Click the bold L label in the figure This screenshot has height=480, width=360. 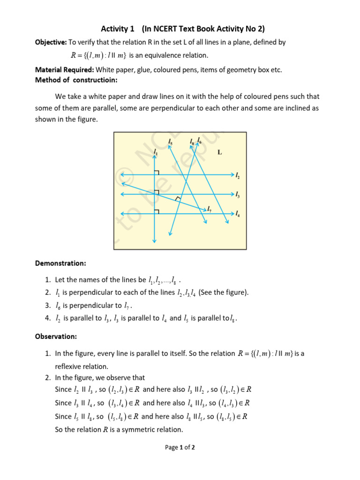click(219, 152)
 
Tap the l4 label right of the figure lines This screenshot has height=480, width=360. click(238, 214)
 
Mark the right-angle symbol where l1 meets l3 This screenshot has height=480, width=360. click(157, 192)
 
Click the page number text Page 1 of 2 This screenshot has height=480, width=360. click(180, 447)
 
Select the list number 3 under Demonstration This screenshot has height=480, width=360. click(48, 306)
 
